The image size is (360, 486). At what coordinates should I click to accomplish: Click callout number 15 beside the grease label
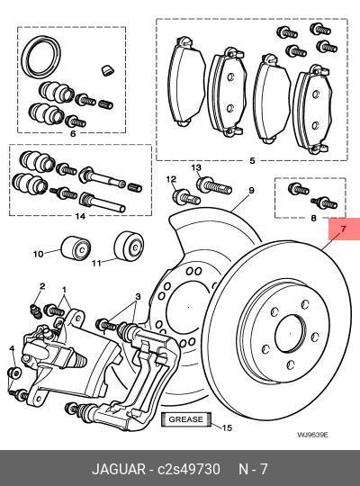[x=227, y=427]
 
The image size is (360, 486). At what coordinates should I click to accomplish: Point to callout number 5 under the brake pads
[x=252, y=161]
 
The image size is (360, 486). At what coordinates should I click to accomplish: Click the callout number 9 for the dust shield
[x=252, y=190]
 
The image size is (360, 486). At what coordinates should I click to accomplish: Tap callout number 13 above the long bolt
[x=195, y=168]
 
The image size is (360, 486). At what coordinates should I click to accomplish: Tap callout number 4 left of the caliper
[x=12, y=349]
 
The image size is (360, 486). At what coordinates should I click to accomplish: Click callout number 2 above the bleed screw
[x=41, y=286]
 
